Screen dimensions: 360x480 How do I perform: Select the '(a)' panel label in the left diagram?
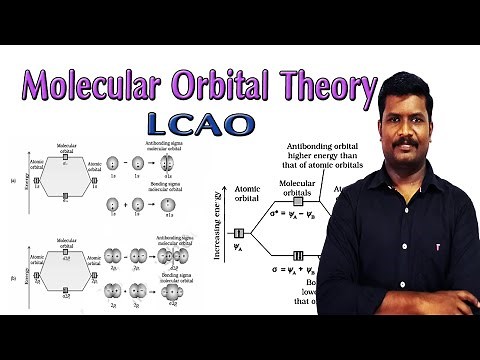coord(11,180)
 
